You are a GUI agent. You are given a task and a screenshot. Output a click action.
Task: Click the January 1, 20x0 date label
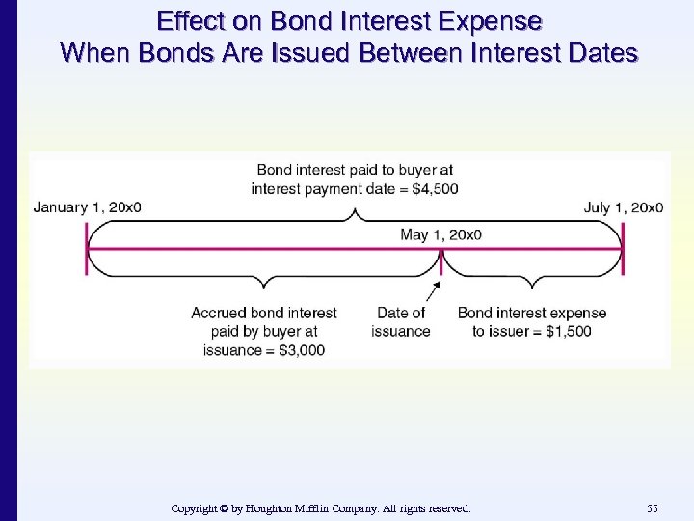click(x=87, y=206)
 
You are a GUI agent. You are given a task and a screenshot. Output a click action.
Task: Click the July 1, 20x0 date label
click(x=624, y=206)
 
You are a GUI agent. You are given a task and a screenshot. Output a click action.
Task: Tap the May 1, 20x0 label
click(x=440, y=234)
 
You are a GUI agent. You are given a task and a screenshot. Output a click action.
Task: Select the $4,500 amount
click(x=435, y=188)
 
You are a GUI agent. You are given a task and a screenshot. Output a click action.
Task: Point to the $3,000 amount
click(x=303, y=349)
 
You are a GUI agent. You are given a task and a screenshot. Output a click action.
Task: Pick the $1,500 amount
click(x=570, y=331)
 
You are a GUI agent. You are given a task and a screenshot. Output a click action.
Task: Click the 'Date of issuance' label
click(x=400, y=322)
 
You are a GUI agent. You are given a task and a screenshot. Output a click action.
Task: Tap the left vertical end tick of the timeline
click(x=87, y=249)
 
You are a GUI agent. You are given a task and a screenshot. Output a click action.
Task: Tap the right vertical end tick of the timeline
click(x=624, y=249)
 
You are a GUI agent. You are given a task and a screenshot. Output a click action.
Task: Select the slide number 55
click(x=653, y=507)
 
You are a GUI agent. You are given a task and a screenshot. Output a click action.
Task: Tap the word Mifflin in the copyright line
click(x=340, y=507)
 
